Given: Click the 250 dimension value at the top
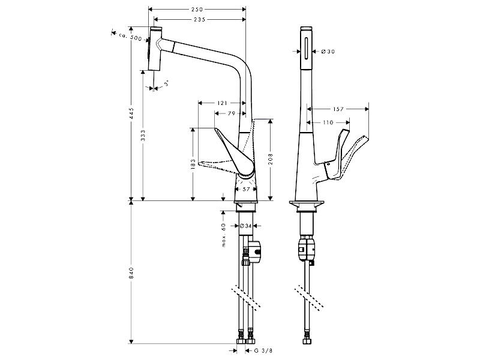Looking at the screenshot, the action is pyautogui.click(x=197, y=10).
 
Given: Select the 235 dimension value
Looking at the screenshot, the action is pyautogui.click(x=200, y=20).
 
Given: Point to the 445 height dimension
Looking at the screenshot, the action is pyautogui.click(x=131, y=113).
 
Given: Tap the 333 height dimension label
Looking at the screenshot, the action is pyautogui.click(x=143, y=136).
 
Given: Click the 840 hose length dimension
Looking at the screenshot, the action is pyautogui.click(x=131, y=273).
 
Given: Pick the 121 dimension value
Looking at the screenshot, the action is pyautogui.click(x=222, y=103).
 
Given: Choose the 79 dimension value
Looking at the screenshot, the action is pyautogui.click(x=232, y=113).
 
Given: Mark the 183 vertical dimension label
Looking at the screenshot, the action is pyautogui.click(x=193, y=164).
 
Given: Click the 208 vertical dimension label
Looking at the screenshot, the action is pyautogui.click(x=271, y=159).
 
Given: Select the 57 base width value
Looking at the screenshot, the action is pyautogui.click(x=246, y=189).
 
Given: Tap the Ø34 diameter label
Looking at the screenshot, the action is pyautogui.click(x=245, y=226).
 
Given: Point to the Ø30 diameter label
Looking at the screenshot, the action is pyautogui.click(x=328, y=52).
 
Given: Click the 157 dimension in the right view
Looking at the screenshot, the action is pyautogui.click(x=338, y=109).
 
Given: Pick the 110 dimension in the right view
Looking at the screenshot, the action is pyautogui.click(x=328, y=122).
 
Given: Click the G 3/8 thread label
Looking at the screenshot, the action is pyautogui.click(x=263, y=350).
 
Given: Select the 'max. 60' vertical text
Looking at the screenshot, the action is pyautogui.click(x=224, y=235).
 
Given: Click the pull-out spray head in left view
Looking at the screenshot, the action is pyautogui.click(x=155, y=49).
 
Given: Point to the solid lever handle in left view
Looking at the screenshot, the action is pyautogui.click(x=235, y=153).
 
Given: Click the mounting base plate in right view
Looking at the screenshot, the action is pyautogui.click(x=307, y=203).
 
